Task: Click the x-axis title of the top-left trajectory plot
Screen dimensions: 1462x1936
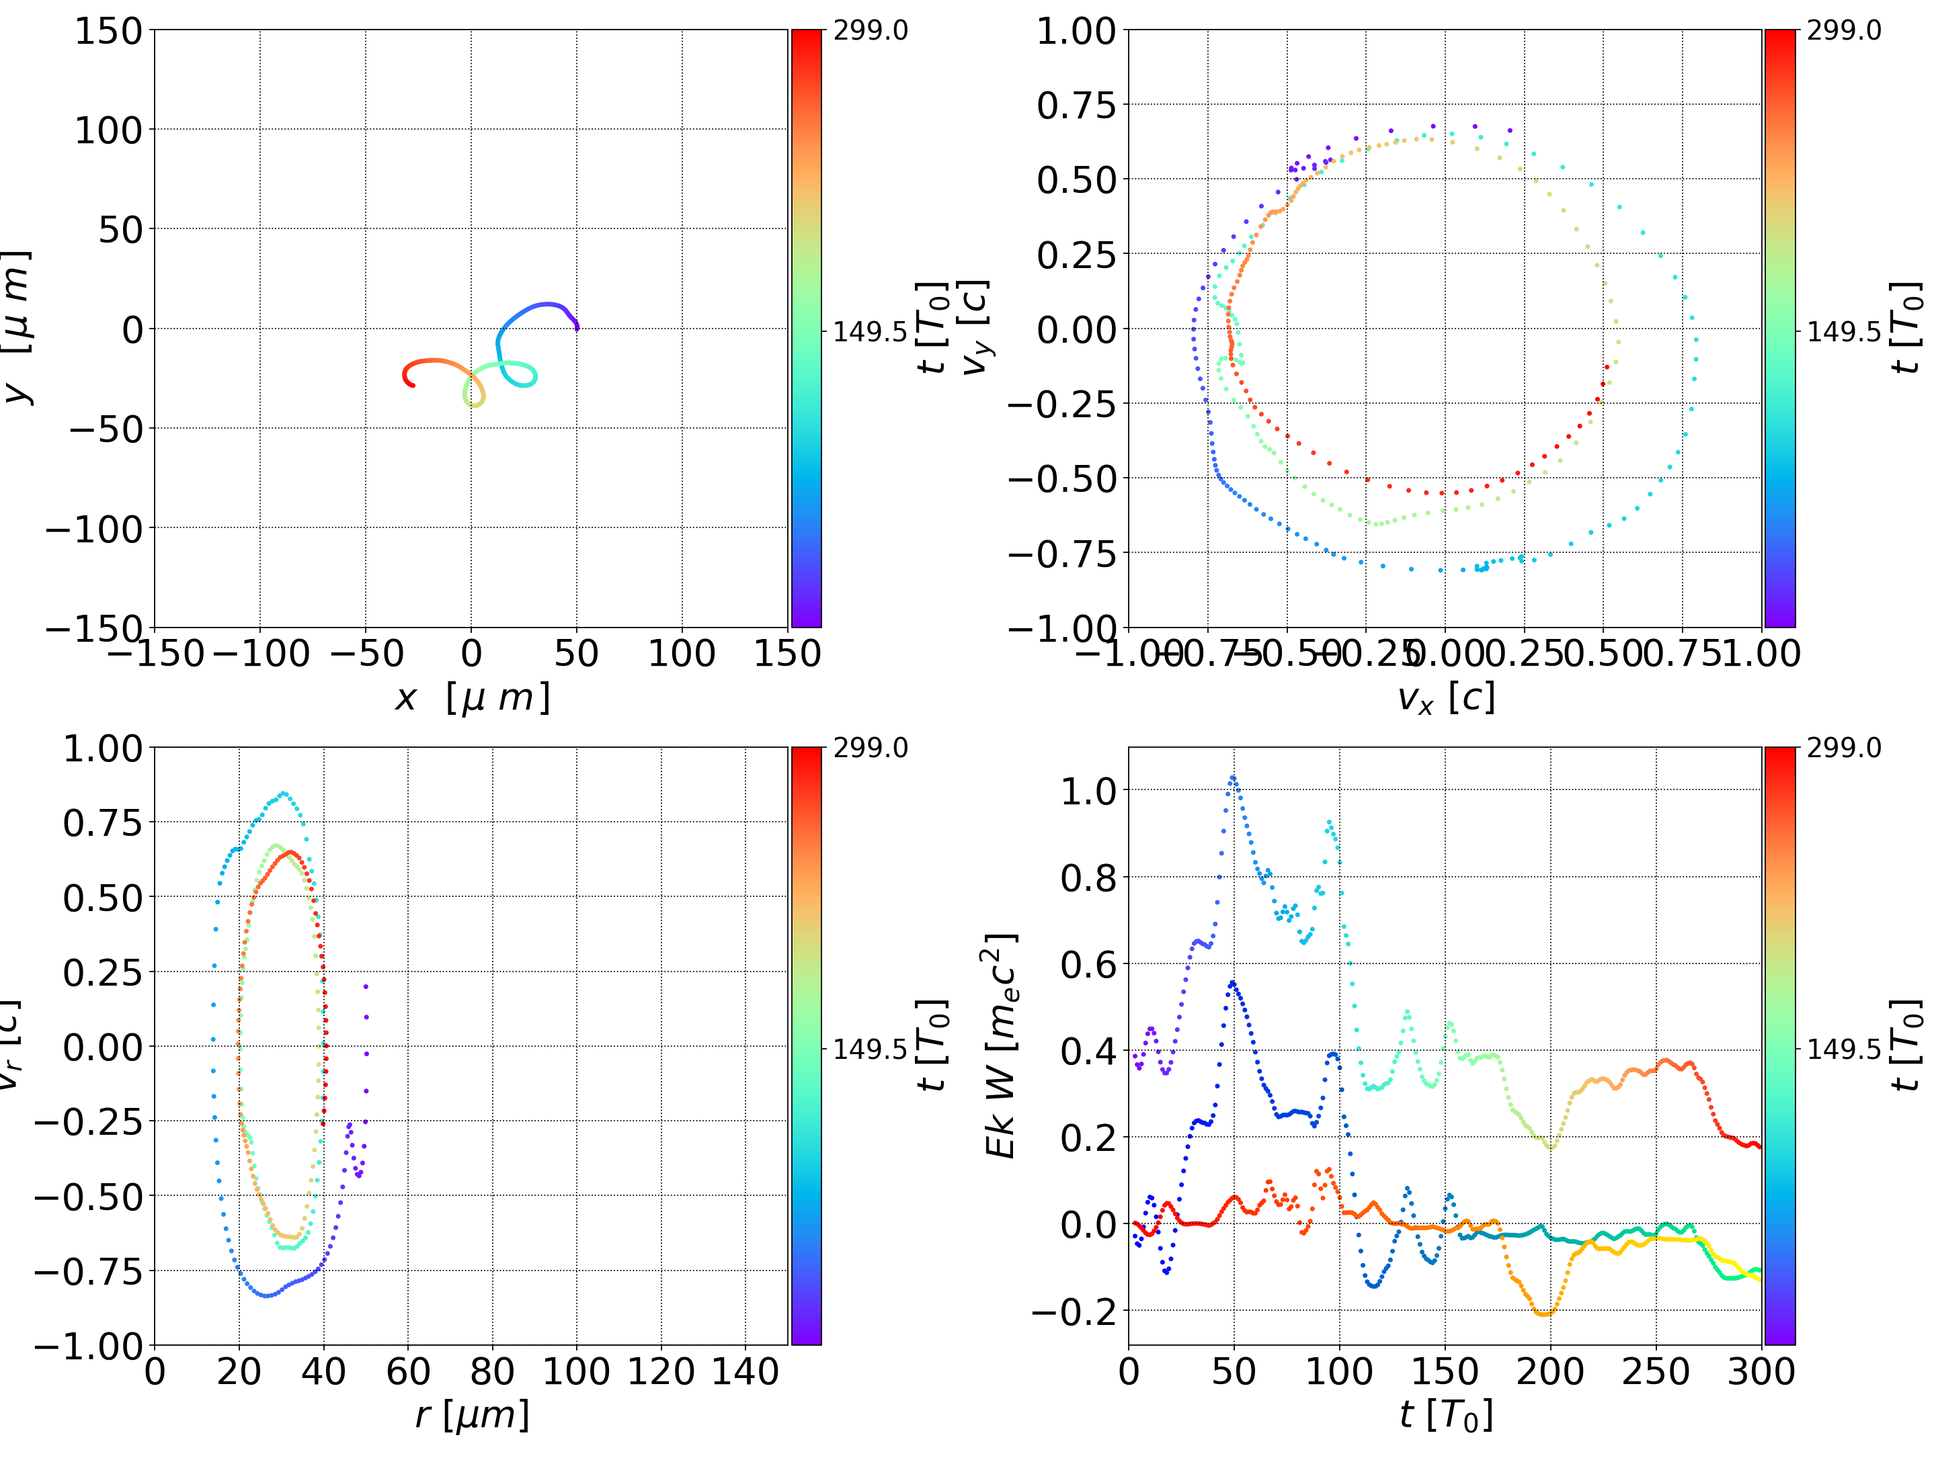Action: [x=473, y=698]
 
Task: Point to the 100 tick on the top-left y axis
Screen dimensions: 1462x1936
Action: [x=108, y=130]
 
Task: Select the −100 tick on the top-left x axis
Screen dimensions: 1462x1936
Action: [x=261, y=654]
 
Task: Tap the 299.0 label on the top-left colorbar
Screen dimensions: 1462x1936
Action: [x=870, y=31]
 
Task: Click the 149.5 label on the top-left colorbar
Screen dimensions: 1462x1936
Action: [x=870, y=332]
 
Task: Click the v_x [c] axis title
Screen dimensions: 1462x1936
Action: [x=1446, y=698]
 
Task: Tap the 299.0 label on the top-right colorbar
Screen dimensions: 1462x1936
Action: [x=1843, y=31]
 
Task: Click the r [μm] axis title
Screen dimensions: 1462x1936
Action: [x=473, y=1415]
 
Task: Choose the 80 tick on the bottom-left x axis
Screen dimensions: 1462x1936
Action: [x=492, y=1371]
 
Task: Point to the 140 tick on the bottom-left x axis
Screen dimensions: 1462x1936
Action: [x=745, y=1371]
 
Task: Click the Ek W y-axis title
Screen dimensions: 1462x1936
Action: [x=1000, y=1045]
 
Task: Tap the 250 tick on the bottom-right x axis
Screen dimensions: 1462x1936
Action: [x=1656, y=1371]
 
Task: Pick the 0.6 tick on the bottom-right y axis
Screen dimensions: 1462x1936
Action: [x=1090, y=964]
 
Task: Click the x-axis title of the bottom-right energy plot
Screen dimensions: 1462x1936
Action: [x=1446, y=1415]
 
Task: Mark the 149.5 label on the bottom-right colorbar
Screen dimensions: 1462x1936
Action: [x=1843, y=1048]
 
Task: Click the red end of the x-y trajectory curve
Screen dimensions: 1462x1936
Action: [x=413, y=385]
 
